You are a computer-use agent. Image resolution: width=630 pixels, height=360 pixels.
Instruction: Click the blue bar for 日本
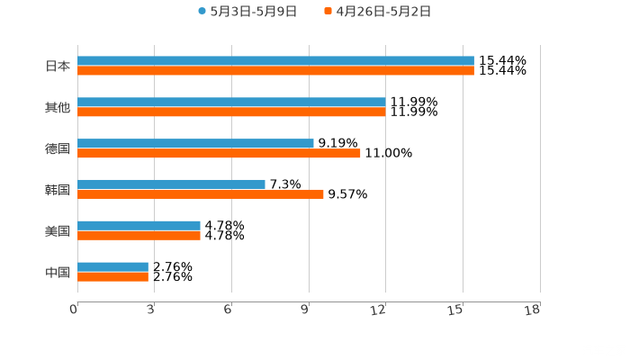pyautogui.click(x=275, y=61)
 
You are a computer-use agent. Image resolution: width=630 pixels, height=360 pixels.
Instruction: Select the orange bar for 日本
pyautogui.click(x=275, y=71)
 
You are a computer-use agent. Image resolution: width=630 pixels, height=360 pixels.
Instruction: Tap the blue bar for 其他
pyautogui.click(x=231, y=103)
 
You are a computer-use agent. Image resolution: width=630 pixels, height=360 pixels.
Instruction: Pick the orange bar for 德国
pyautogui.click(x=219, y=153)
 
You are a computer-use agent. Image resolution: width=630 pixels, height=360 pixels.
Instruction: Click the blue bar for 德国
pyautogui.click(x=195, y=143)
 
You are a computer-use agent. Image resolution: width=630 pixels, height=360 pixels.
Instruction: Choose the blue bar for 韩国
pyautogui.click(x=171, y=184)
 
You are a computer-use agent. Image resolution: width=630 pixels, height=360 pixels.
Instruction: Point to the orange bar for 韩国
pyautogui.click(x=201, y=193)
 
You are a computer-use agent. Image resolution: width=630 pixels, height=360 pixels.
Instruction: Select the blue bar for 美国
pyautogui.click(x=139, y=225)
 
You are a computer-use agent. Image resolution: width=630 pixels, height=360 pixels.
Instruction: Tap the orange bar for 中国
pyautogui.click(x=112, y=276)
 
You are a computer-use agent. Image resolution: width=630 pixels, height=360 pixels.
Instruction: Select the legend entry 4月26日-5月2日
pyautogui.click(x=382, y=12)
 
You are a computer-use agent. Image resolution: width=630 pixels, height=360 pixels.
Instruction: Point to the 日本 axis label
pyautogui.click(x=58, y=66)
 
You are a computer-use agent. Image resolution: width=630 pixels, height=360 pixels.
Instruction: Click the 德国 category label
pyautogui.click(x=58, y=148)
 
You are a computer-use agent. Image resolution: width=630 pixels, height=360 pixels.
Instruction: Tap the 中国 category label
pyautogui.click(x=58, y=272)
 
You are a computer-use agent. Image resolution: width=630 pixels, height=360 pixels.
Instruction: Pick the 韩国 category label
pyautogui.click(x=58, y=189)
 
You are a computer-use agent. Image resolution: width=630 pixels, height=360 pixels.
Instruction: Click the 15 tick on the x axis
pyautogui.click(x=457, y=310)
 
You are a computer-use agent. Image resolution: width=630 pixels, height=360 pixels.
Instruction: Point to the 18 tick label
pyautogui.click(x=533, y=310)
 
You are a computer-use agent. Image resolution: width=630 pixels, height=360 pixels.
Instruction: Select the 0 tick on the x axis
pyautogui.click(x=74, y=310)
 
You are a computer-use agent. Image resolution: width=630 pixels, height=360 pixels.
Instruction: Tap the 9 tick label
pyautogui.click(x=305, y=310)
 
